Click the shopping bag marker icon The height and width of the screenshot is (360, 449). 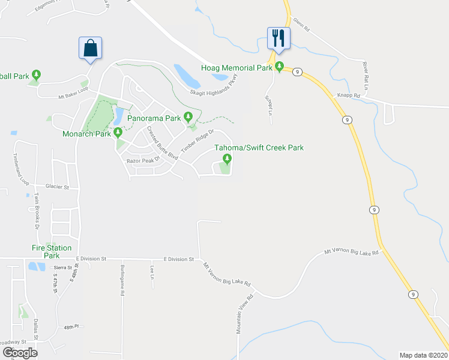point(90,48)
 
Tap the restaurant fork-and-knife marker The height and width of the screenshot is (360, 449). point(279,38)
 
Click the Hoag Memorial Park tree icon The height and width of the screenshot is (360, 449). point(279,68)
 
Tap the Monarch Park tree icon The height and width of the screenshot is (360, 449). point(118,133)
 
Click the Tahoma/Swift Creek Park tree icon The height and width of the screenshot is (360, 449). point(227,158)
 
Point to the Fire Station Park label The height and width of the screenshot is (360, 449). point(52,251)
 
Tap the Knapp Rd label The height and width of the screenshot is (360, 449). point(348,95)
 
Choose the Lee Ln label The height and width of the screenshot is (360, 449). point(152,273)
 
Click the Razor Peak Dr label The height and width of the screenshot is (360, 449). point(142,161)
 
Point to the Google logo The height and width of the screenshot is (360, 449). point(20,353)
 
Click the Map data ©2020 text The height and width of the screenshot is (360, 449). point(424,355)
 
